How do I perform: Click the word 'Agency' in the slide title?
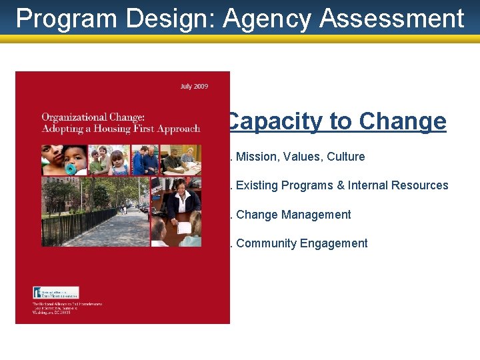click(267, 19)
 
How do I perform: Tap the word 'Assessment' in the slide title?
click(392, 19)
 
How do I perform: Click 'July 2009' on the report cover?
click(194, 87)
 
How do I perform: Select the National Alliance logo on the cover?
click(56, 292)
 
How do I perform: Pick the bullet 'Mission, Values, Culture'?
click(300, 157)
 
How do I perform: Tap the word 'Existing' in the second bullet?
click(257, 185)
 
